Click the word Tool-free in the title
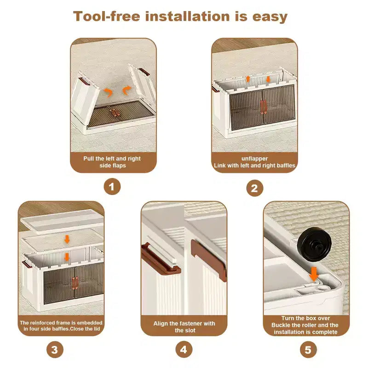107,17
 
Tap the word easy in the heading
270,17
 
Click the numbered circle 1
112,187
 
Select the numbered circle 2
255,188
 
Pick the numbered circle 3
55,350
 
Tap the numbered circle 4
184,350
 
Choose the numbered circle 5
308,350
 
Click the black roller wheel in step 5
315,245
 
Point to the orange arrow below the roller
314,274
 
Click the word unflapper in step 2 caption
254,158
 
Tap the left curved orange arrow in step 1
108,92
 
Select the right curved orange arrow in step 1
127,90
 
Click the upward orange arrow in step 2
248,79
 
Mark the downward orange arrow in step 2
268,79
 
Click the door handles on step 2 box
263,107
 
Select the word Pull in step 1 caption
88,158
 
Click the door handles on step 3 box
75,283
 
